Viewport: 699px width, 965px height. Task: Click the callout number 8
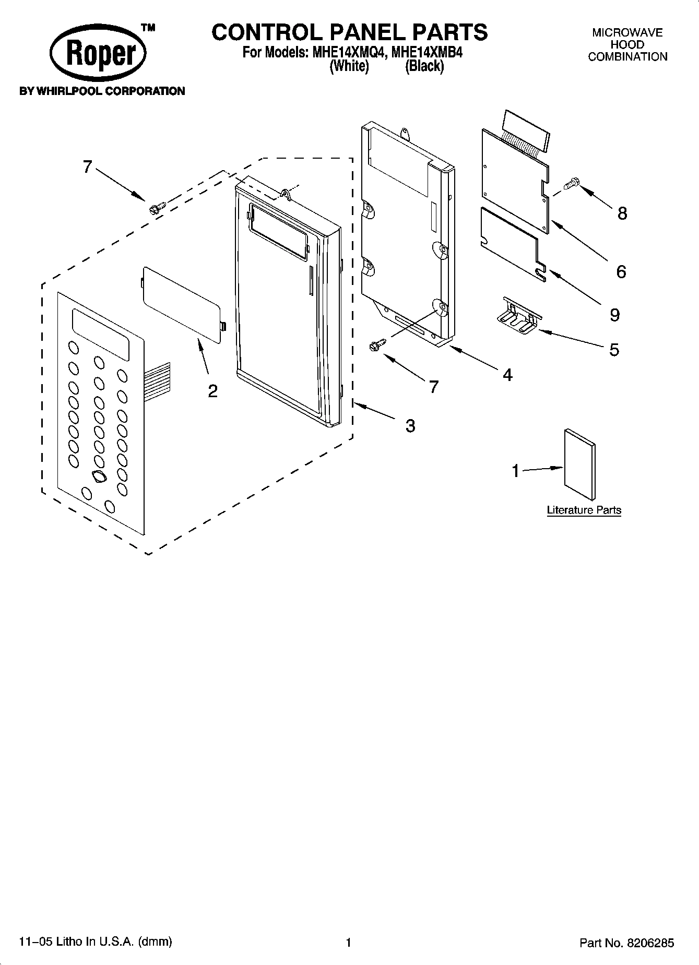click(622, 213)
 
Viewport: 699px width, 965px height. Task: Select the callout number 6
click(621, 271)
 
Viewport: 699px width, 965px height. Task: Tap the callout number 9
click(614, 315)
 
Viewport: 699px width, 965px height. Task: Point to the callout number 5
click(614, 349)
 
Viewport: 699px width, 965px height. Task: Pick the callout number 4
click(507, 374)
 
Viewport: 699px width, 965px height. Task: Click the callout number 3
click(410, 426)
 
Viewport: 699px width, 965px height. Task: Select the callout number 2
click(212, 391)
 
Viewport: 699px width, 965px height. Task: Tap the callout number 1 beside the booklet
click(516, 471)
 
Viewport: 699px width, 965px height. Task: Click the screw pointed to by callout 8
click(572, 183)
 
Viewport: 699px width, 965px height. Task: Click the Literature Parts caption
click(584, 510)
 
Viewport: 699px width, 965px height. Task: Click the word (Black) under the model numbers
click(424, 66)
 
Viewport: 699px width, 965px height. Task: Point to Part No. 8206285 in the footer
click(626, 943)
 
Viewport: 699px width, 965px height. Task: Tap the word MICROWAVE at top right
click(627, 33)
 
